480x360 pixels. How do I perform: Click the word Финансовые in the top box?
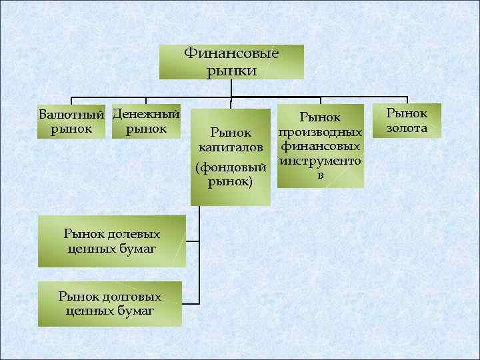[231, 53]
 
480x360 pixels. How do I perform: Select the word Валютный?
[72, 114]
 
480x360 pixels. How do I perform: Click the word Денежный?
[146, 114]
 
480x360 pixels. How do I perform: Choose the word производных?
[321, 132]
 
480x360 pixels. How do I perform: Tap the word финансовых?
[321, 146]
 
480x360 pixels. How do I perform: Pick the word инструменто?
[321, 161]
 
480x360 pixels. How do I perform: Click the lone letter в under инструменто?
[321, 175]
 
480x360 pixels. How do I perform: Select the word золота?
[407, 127]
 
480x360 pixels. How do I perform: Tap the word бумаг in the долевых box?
[136, 249]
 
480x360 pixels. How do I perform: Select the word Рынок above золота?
[407, 113]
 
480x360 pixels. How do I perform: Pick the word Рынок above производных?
[321, 118]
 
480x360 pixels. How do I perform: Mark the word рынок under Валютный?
[72, 128]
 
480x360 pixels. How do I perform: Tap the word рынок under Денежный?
[146, 128]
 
